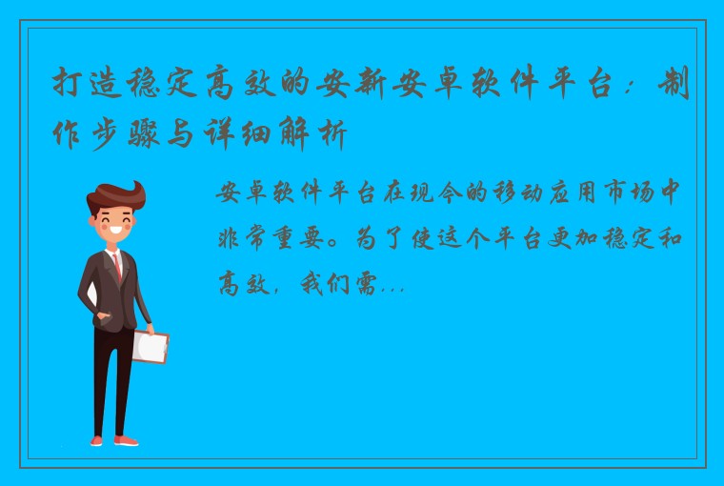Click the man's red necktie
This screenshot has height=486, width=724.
click(x=117, y=266)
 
